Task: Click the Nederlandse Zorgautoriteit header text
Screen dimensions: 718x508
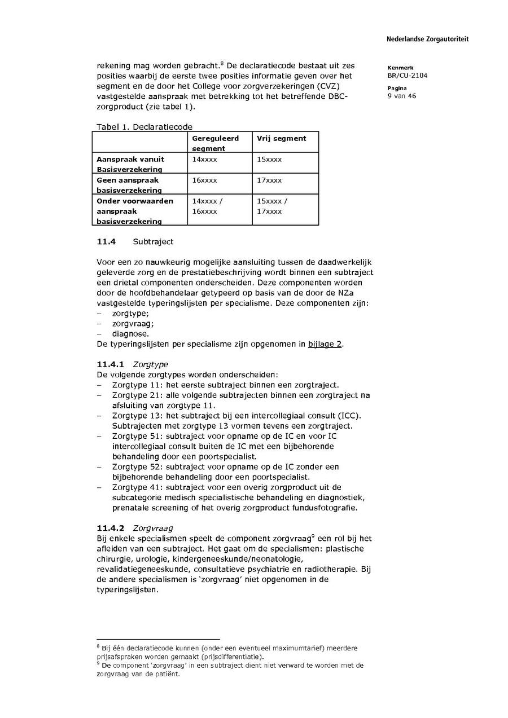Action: click(427, 39)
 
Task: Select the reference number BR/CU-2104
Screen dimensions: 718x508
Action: click(407, 75)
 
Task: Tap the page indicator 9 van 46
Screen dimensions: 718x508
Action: click(401, 96)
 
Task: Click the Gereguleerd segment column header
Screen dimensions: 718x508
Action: click(216, 143)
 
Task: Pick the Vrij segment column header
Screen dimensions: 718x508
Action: click(281, 138)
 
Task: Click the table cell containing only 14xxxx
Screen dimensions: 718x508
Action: click(204, 160)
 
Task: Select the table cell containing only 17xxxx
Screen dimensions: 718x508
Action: click(269, 180)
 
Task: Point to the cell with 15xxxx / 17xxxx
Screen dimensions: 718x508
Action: click(271, 206)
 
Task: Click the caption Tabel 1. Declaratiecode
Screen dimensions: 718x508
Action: click(144, 127)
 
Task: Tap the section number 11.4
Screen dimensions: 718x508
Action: click(106, 242)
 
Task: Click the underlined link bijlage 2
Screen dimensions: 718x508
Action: click(325, 344)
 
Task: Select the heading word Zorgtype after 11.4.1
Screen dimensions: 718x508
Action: click(150, 364)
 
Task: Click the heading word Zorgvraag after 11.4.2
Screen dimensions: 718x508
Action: click(152, 528)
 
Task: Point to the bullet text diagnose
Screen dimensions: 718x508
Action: click(130, 334)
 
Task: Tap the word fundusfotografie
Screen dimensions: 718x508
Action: click(323, 508)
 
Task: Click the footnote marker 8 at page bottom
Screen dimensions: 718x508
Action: click(98, 646)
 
